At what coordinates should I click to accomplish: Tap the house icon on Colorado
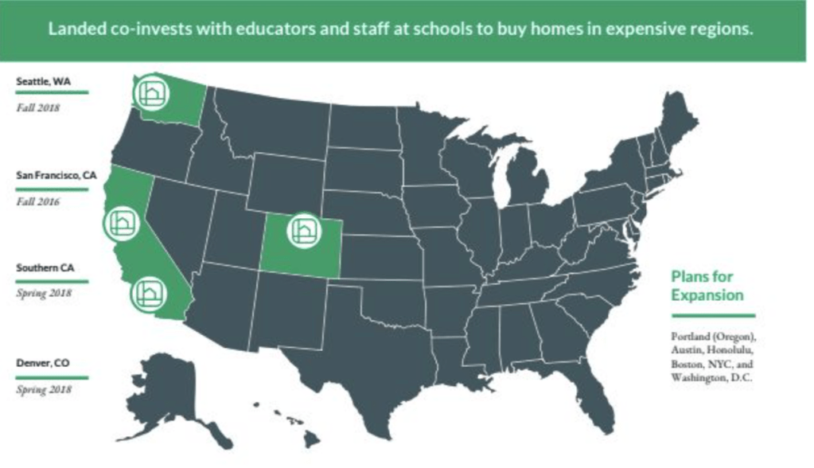tap(305, 231)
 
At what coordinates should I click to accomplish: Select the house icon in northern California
tap(122, 222)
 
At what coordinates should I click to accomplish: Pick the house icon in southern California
tap(147, 294)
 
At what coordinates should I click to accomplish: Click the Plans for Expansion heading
tap(707, 286)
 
